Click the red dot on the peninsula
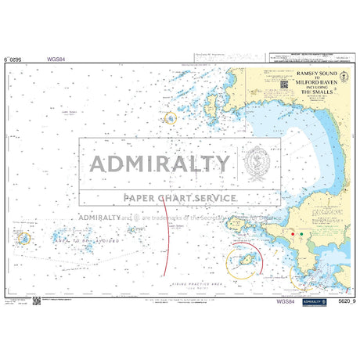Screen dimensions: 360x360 (x=290, y=233)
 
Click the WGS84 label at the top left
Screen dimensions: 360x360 (x=56, y=58)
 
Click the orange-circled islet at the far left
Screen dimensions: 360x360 (x=24, y=238)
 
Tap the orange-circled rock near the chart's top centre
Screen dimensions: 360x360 (x=170, y=118)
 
